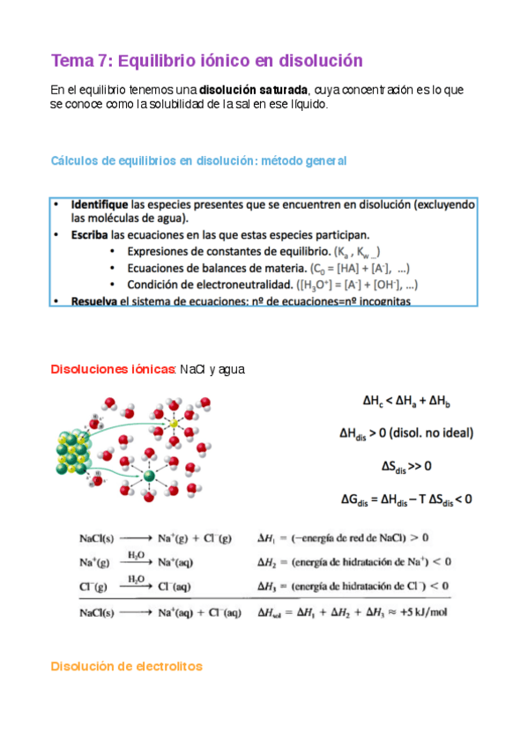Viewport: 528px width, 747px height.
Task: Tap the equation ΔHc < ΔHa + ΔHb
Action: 405,400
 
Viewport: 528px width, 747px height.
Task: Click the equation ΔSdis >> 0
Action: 405,465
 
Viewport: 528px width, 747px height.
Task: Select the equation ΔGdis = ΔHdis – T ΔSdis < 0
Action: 405,499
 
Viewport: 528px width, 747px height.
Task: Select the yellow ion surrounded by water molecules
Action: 175,424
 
